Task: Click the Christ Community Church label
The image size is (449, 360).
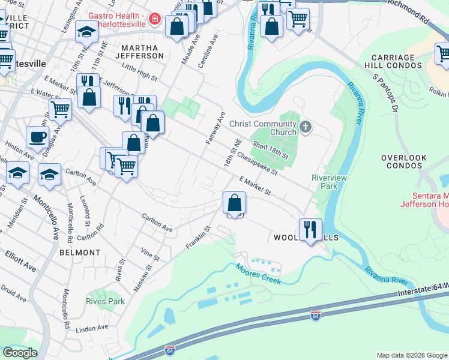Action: [x=263, y=128]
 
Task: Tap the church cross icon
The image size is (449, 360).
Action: [x=306, y=127]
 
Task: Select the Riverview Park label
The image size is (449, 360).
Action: [x=325, y=182]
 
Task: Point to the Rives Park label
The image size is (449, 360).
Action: [x=106, y=301]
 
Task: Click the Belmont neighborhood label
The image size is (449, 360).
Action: [x=80, y=253]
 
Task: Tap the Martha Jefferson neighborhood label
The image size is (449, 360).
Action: [x=142, y=52]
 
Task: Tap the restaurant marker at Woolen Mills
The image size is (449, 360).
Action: [x=310, y=230]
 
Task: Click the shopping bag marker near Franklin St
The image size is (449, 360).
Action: [x=234, y=203]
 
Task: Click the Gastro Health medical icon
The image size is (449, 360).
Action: [x=155, y=19]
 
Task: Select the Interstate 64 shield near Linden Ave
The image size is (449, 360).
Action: [x=170, y=349]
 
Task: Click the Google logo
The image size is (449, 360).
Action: [x=19, y=353]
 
